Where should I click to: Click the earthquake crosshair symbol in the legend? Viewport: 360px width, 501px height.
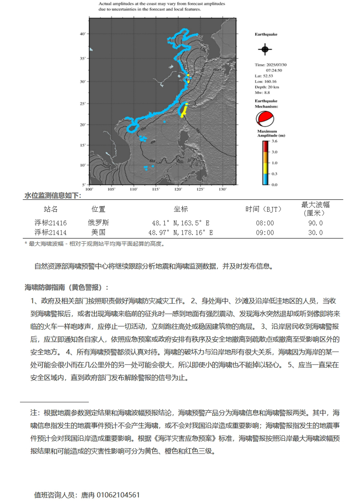265,49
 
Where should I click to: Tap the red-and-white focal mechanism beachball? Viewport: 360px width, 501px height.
265,119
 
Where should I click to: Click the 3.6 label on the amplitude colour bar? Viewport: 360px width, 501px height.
274,141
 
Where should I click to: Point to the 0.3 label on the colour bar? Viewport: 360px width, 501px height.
274,174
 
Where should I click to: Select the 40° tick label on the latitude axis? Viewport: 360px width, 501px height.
83,34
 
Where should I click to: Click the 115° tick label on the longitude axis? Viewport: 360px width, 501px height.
156,189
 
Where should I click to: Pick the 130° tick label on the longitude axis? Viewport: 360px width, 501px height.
222,189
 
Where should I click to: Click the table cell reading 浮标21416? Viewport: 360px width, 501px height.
50,223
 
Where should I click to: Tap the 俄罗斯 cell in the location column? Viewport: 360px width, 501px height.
98,223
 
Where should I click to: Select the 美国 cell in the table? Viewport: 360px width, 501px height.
98,233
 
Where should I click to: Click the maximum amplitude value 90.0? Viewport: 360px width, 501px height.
315,223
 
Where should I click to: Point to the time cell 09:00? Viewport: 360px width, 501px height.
265,233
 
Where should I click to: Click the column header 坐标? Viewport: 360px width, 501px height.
181,209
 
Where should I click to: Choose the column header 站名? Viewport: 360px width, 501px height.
50,209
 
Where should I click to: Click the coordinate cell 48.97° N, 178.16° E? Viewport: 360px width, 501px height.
181,233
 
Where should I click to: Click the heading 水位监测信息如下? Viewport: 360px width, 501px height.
53,196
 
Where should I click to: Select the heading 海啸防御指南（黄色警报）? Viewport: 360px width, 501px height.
66,287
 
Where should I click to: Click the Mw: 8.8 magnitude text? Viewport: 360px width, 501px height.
262,92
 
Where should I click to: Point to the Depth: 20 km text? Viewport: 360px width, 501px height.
267,87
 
